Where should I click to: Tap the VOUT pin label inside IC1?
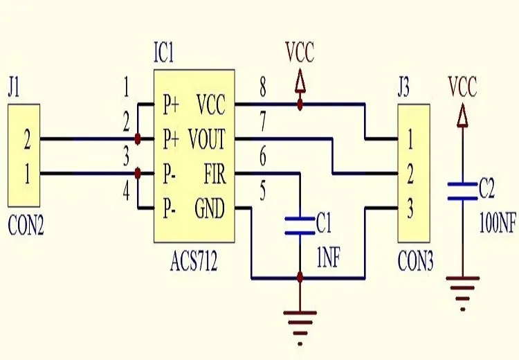[207, 140]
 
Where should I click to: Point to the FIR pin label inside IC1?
[214, 173]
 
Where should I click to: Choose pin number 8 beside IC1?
[263, 89]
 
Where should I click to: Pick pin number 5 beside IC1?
[263, 190]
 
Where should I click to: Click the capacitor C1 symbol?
[300, 224]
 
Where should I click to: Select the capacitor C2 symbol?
[462, 191]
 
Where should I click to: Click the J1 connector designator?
[14, 89]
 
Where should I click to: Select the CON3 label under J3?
[415, 262]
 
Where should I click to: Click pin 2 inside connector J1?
[27, 142]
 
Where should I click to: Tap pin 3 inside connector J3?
[410, 207]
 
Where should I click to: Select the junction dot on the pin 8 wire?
[300, 105]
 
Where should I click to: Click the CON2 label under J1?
[26, 226]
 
